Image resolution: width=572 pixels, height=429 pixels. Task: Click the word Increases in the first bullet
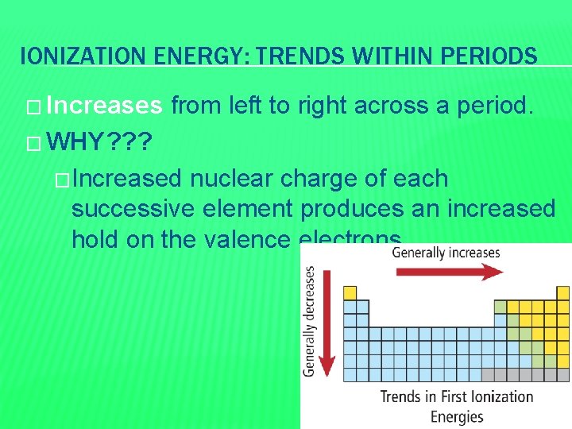point(104,106)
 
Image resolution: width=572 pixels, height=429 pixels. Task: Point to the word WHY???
point(102,143)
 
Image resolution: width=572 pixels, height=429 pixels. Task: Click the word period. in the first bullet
point(499,106)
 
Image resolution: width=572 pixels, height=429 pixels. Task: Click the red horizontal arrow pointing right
point(450,272)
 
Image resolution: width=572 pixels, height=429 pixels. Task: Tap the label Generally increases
point(446,253)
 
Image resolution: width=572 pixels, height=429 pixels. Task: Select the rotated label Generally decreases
point(309,321)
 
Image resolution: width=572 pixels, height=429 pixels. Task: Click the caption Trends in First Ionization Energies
point(456,406)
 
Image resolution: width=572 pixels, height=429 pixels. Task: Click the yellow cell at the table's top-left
point(350,293)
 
